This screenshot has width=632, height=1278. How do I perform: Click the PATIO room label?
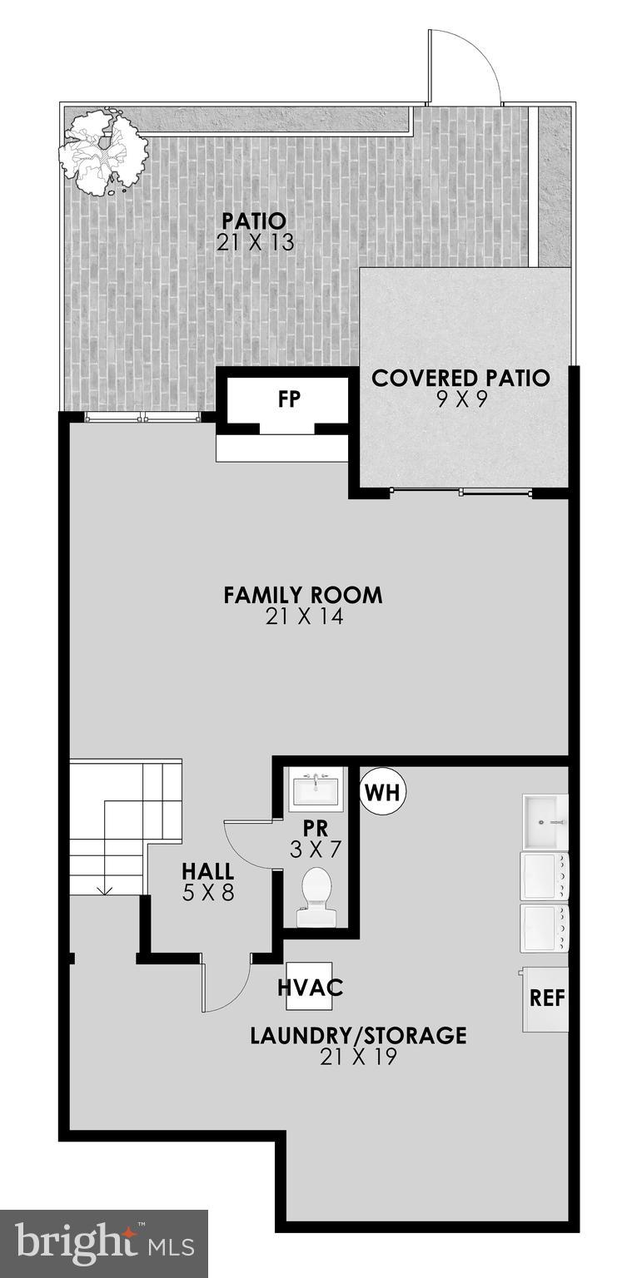click(254, 221)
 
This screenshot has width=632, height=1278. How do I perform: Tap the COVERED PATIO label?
click(460, 378)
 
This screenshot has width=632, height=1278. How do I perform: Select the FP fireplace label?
click(289, 399)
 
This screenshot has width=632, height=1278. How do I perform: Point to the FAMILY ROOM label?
click(303, 595)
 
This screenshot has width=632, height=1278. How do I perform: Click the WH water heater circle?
click(383, 792)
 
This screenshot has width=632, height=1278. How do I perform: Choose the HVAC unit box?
click(310, 987)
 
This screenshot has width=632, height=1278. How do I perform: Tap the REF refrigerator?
click(546, 998)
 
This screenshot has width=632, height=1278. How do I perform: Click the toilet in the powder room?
click(316, 897)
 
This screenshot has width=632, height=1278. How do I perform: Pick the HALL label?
click(208, 872)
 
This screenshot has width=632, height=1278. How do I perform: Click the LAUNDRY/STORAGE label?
click(358, 1036)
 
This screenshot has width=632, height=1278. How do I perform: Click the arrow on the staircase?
click(105, 890)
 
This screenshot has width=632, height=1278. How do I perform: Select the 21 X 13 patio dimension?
click(254, 243)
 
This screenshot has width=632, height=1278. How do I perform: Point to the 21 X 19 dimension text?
click(358, 1057)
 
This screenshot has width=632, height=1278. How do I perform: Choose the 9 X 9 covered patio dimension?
click(460, 399)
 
